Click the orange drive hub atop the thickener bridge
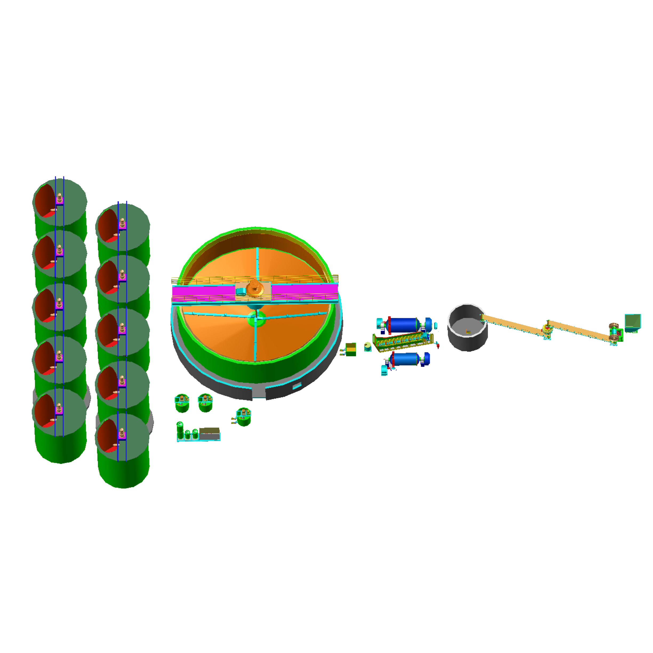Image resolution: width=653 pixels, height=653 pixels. click(x=255, y=289)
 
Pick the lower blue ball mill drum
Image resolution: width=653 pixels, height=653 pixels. click(x=405, y=359)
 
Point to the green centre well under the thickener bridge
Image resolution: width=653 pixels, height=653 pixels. click(x=256, y=319)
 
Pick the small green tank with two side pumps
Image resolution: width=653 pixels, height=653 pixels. click(x=243, y=416)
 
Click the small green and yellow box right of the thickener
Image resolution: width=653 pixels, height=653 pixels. click(x=351, y=349)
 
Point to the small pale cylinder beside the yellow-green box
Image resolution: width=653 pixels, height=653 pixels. click(x=368, y=346)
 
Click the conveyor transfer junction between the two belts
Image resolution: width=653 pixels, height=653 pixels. click(x=547, y=328)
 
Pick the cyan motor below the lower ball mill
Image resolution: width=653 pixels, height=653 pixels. click(x=384, y=370)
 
